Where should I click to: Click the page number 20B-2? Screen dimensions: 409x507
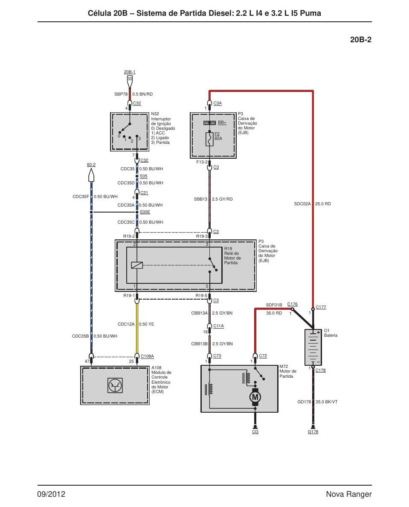[360, 40]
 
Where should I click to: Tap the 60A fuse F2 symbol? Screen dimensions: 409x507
[209, 139]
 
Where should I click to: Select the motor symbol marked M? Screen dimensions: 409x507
[255, 397]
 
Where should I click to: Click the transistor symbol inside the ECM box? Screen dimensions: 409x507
[115, 385]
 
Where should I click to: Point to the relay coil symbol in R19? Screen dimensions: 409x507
[137, 265]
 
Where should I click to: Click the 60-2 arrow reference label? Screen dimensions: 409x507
[91, 165]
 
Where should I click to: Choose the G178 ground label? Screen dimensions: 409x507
[313, 431]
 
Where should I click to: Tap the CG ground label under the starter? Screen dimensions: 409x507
[255, 431]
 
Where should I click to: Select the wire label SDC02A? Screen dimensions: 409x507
[302, 204]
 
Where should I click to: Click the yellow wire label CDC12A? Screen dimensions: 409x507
[126, 324]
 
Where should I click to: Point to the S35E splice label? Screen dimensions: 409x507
[145, 212]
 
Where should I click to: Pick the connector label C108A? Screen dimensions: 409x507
[147, 356]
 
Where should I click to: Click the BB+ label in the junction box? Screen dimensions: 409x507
[222, 122]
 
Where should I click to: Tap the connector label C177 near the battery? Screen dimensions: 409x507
[321, 307]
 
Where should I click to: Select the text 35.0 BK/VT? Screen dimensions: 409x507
[326, 402]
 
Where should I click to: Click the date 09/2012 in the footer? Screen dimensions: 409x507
[51, 494]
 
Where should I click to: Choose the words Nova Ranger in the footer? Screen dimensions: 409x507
[349, 494]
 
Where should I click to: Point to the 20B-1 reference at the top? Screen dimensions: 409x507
[130, 72]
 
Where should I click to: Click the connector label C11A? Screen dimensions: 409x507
[218, 326]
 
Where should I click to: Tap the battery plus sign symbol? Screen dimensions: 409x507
[318, 332]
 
